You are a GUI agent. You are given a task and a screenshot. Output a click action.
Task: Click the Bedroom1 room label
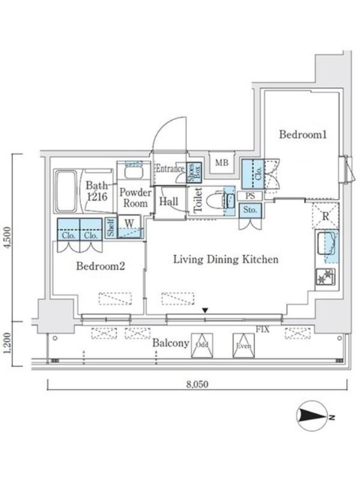[303, 134]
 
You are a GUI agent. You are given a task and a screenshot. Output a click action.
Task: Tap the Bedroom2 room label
[100, 266]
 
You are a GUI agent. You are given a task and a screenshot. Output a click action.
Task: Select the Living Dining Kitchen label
[226, 259]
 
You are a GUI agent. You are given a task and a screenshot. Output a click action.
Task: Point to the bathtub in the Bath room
[65, 191]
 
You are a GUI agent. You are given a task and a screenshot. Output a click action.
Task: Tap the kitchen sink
[326, 244]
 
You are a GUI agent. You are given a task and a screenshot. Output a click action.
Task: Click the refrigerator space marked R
[325, 215]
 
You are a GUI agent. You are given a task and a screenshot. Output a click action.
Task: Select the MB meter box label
[221, 163]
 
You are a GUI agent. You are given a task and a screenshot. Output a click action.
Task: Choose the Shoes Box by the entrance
[194, 172]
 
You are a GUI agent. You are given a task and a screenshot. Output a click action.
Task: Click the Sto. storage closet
[250, 211]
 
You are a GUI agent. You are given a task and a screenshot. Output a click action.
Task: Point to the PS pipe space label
[250, 196]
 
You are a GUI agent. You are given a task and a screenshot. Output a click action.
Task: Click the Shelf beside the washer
[110, 227]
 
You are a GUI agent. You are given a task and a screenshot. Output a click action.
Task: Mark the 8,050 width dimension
[197, 384]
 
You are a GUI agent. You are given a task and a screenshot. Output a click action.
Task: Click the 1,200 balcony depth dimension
[8, 343]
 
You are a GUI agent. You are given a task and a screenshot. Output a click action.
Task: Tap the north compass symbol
[313, 416]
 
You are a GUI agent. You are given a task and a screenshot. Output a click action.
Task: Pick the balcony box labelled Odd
[202, 345]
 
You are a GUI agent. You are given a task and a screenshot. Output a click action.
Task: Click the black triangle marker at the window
[205, 310]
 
